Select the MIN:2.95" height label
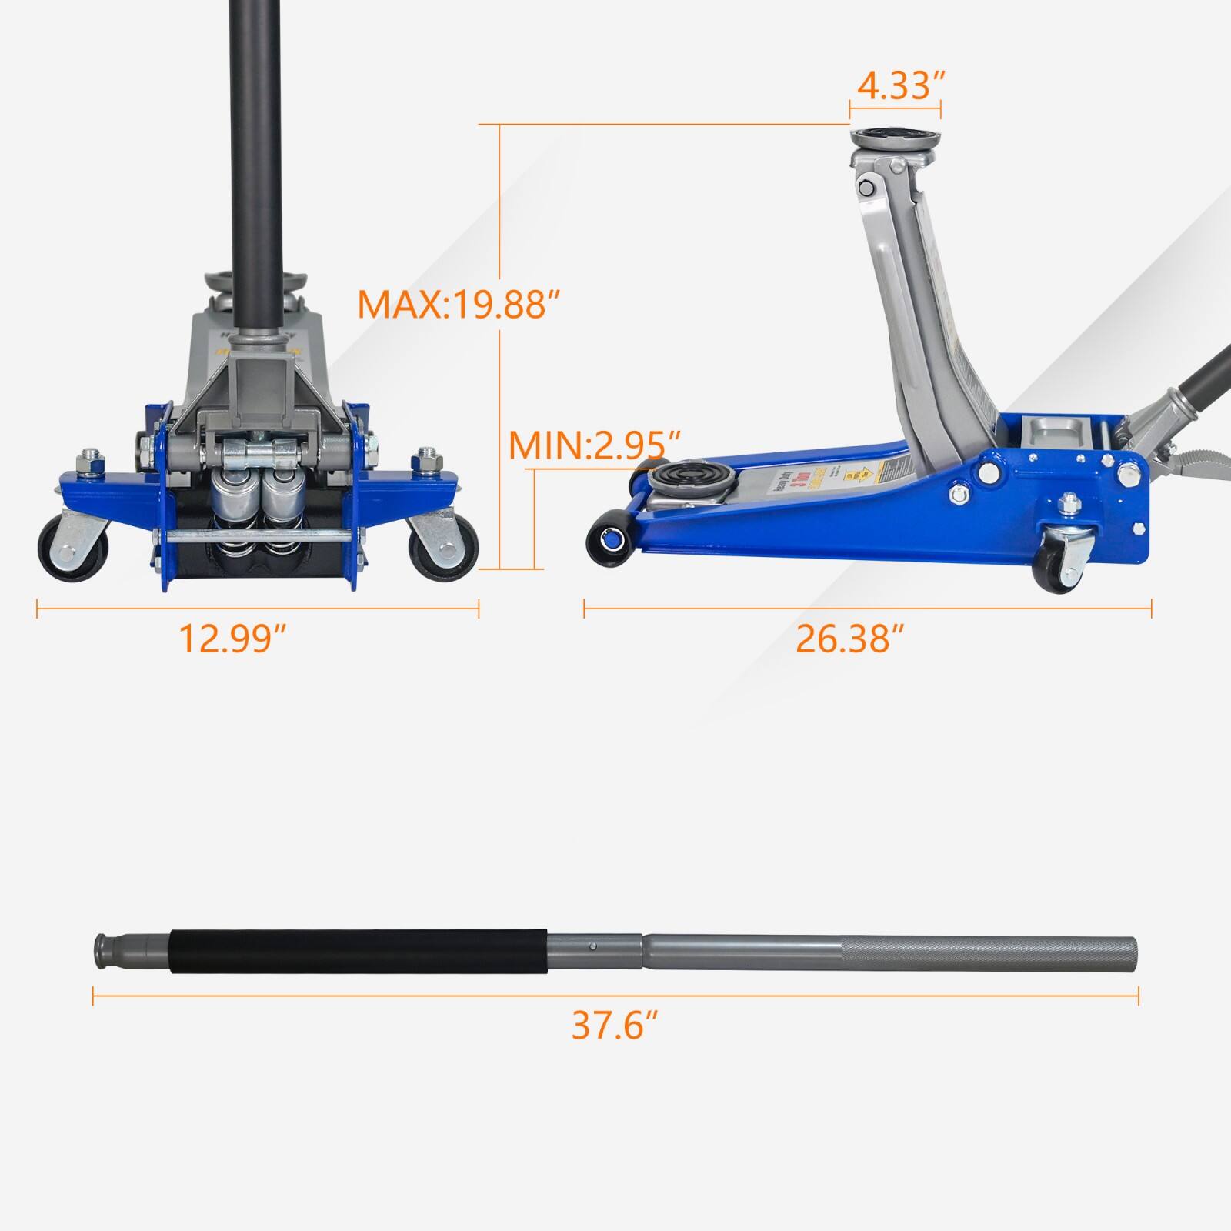coord(595,445)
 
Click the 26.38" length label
coord(849,638)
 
